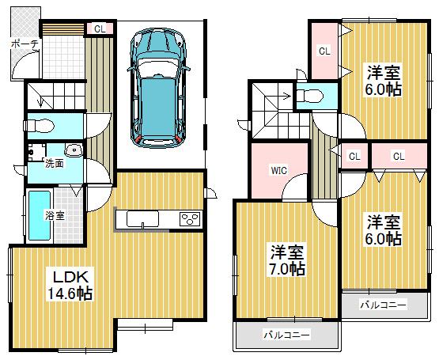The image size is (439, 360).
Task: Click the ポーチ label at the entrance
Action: click(x=25, y=44)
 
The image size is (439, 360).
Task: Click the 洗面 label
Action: click(x=32, y=164)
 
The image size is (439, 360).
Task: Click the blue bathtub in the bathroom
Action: click(x=39, y=214)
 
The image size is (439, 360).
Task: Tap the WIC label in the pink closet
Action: click(x=278, y=169)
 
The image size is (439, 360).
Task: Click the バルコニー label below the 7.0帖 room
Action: click(x=287, y=334)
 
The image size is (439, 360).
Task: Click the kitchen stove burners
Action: click(x=191, y=219)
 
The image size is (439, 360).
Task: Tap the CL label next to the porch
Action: click(x=100, y=28)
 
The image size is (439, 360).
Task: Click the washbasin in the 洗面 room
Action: click(x=73, y=150)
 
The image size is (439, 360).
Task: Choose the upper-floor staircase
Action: click(x=270, y=107)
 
